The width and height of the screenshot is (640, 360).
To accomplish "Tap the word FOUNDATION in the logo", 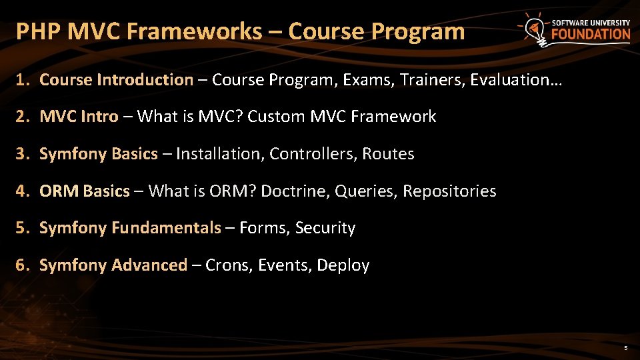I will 591,35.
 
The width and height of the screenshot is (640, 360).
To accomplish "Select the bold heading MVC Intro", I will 79,117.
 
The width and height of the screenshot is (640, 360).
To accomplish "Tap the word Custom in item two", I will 276,117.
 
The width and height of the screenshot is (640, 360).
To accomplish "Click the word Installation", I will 220,154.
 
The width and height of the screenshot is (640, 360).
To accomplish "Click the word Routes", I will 388,154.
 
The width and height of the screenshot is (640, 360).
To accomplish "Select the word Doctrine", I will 294,191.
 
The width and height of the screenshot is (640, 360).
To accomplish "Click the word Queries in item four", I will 366,191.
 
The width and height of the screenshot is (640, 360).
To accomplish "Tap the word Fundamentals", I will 166,228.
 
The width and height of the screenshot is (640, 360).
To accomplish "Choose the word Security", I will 325,228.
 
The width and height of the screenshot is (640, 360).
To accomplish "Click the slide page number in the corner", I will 625,348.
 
